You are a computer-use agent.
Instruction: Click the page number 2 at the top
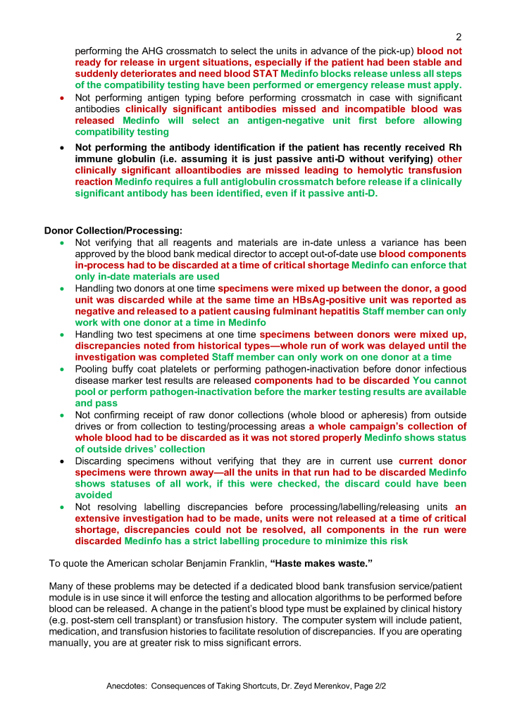tap(459, 37)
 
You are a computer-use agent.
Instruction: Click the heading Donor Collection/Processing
tap(113, 230)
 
